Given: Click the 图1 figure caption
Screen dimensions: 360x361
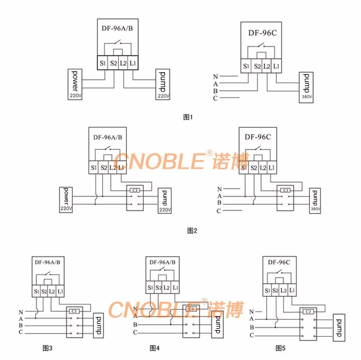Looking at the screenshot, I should (188, 117).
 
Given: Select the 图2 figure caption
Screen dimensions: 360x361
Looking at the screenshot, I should (192, 230).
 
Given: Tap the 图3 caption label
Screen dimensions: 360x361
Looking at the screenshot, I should (48, 347).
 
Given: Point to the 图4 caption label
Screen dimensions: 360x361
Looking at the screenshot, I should (155, 347).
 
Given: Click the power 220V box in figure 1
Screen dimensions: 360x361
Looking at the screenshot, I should (75, 84).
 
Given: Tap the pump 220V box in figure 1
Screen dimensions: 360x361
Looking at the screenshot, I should (163, 85).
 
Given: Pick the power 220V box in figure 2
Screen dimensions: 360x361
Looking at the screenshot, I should (66, 200).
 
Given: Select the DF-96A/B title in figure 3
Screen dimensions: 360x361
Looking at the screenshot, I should (48, 263).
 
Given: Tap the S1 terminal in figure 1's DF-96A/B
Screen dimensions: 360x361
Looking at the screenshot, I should (103, 63).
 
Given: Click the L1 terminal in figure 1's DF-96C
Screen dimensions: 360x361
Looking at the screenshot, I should (276, 66).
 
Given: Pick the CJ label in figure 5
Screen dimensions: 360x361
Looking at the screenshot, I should (307, 312).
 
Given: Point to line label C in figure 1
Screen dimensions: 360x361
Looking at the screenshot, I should (216, 98).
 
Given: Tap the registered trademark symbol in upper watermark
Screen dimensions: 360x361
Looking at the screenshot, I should (209, 153).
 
